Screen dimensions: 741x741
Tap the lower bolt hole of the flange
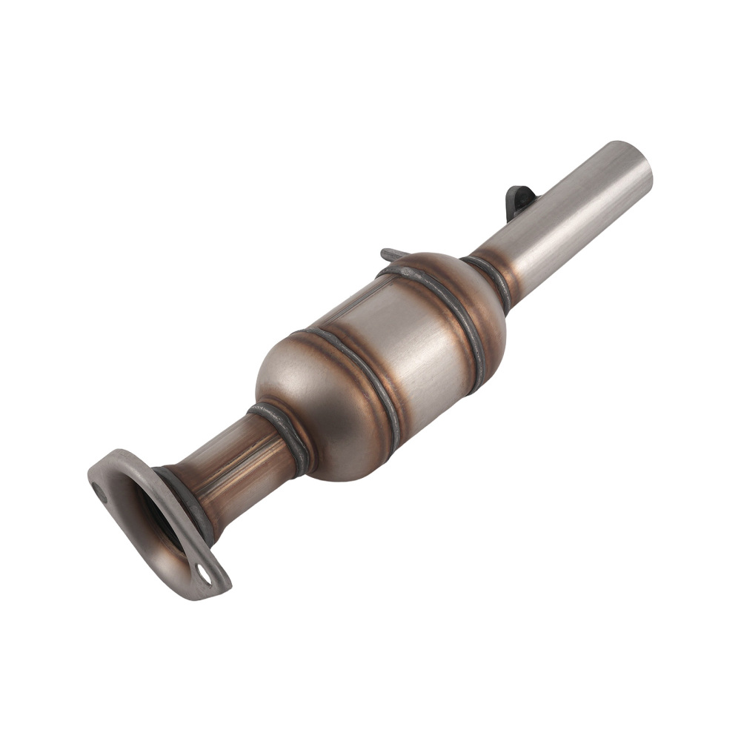203,572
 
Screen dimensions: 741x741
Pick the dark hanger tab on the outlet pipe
520,199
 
